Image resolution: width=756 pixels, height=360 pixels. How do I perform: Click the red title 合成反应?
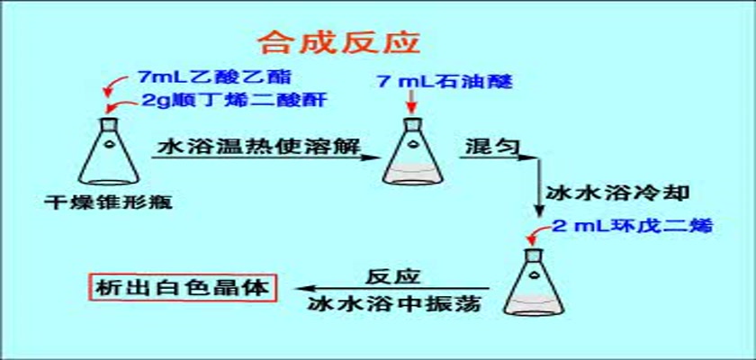point(338,44)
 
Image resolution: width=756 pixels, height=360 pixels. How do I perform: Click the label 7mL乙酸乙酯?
point(214,77)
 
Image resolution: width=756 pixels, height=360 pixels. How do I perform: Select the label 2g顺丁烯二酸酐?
point(235,100)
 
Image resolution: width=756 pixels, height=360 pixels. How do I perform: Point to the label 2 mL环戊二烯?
point(632,226)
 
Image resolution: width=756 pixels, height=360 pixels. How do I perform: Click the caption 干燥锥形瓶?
point(109,201)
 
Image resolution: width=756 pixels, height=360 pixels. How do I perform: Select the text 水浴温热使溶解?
point(259,146)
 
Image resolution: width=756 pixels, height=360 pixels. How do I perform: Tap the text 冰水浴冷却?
point(617,193)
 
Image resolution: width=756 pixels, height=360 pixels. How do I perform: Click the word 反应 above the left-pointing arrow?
point(393,276)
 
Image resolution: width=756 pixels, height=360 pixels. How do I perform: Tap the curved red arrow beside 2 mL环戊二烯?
point(538,233)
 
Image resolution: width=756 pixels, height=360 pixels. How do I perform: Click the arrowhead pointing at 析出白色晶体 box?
point(304,289)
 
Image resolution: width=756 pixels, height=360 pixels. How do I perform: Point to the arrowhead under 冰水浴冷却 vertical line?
point(540,212)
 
